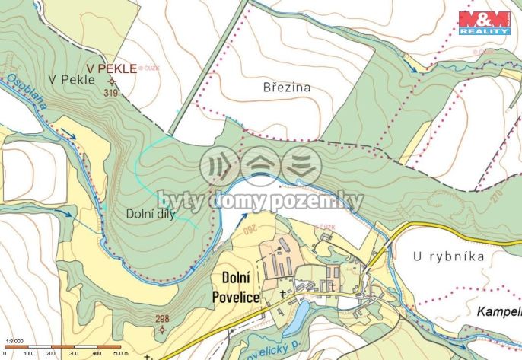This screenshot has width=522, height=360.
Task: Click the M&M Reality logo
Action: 484,23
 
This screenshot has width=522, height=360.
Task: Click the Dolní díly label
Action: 151,215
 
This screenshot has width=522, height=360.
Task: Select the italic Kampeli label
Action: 498,312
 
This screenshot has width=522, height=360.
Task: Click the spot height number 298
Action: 162,319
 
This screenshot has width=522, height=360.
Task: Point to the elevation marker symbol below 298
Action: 161,330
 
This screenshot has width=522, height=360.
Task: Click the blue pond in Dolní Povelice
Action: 298,311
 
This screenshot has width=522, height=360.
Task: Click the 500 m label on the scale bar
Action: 119,354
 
